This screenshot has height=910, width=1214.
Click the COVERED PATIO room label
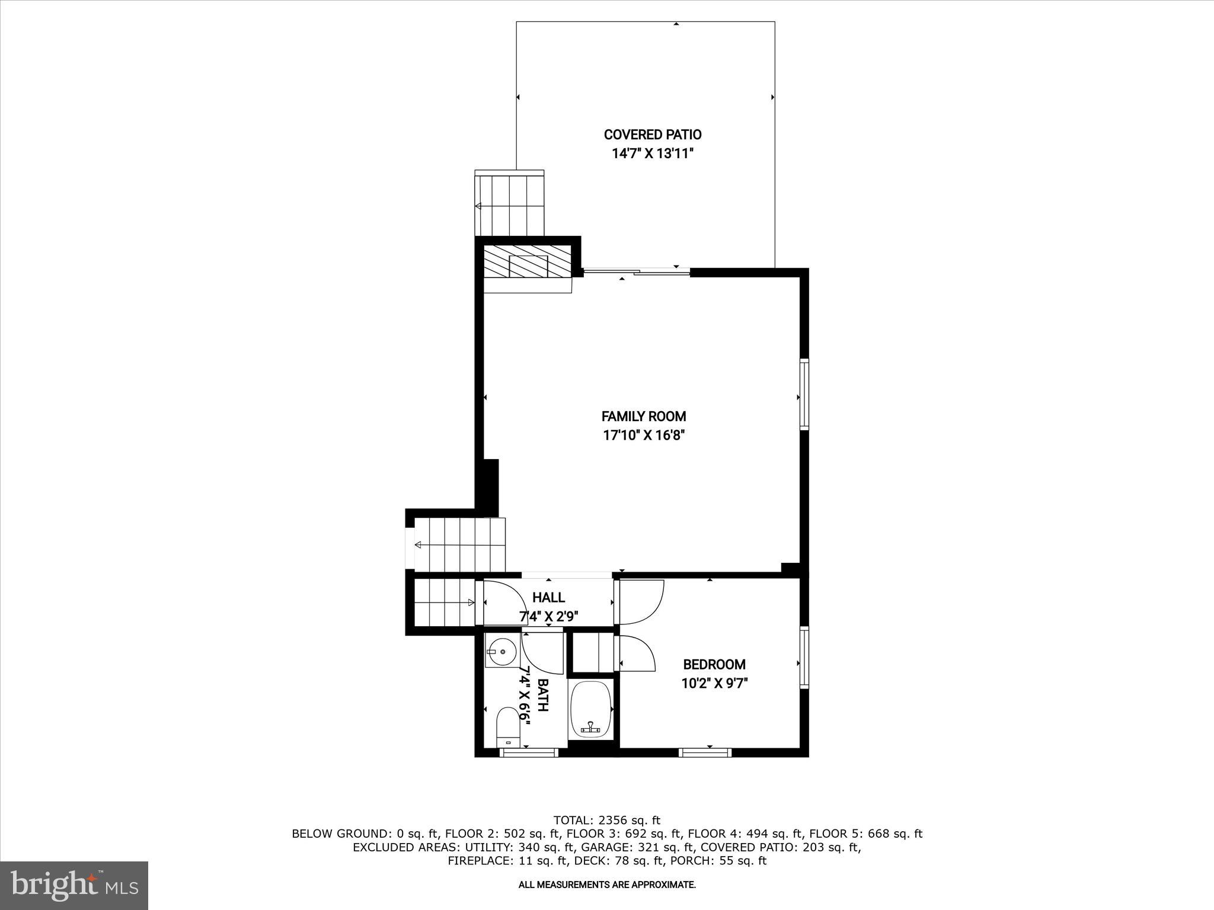coord(652,134)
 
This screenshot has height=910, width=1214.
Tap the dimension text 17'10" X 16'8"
coord(644,435)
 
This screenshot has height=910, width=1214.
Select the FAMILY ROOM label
coord(644,416)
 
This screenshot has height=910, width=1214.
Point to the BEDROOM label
coord(714,664)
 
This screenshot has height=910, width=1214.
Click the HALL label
coord(548,597)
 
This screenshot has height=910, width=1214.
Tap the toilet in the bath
coord(507,726)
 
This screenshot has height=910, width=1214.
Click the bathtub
coord(590,709)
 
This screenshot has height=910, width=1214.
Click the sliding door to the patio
coord(637,272)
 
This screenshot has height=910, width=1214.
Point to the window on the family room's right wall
coord(804,393)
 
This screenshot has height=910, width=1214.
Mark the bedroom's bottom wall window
coord(705,752)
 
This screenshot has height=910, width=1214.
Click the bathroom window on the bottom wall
coord(529,752)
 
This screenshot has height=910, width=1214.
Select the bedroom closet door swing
coord(637,653)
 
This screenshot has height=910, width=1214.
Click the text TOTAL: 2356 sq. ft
coord(606,821)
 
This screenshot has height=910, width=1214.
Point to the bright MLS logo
coord(74,885)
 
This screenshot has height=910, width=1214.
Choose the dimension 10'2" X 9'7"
coord(714,683)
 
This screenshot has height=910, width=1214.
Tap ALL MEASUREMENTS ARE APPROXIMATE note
coord(606,885)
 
